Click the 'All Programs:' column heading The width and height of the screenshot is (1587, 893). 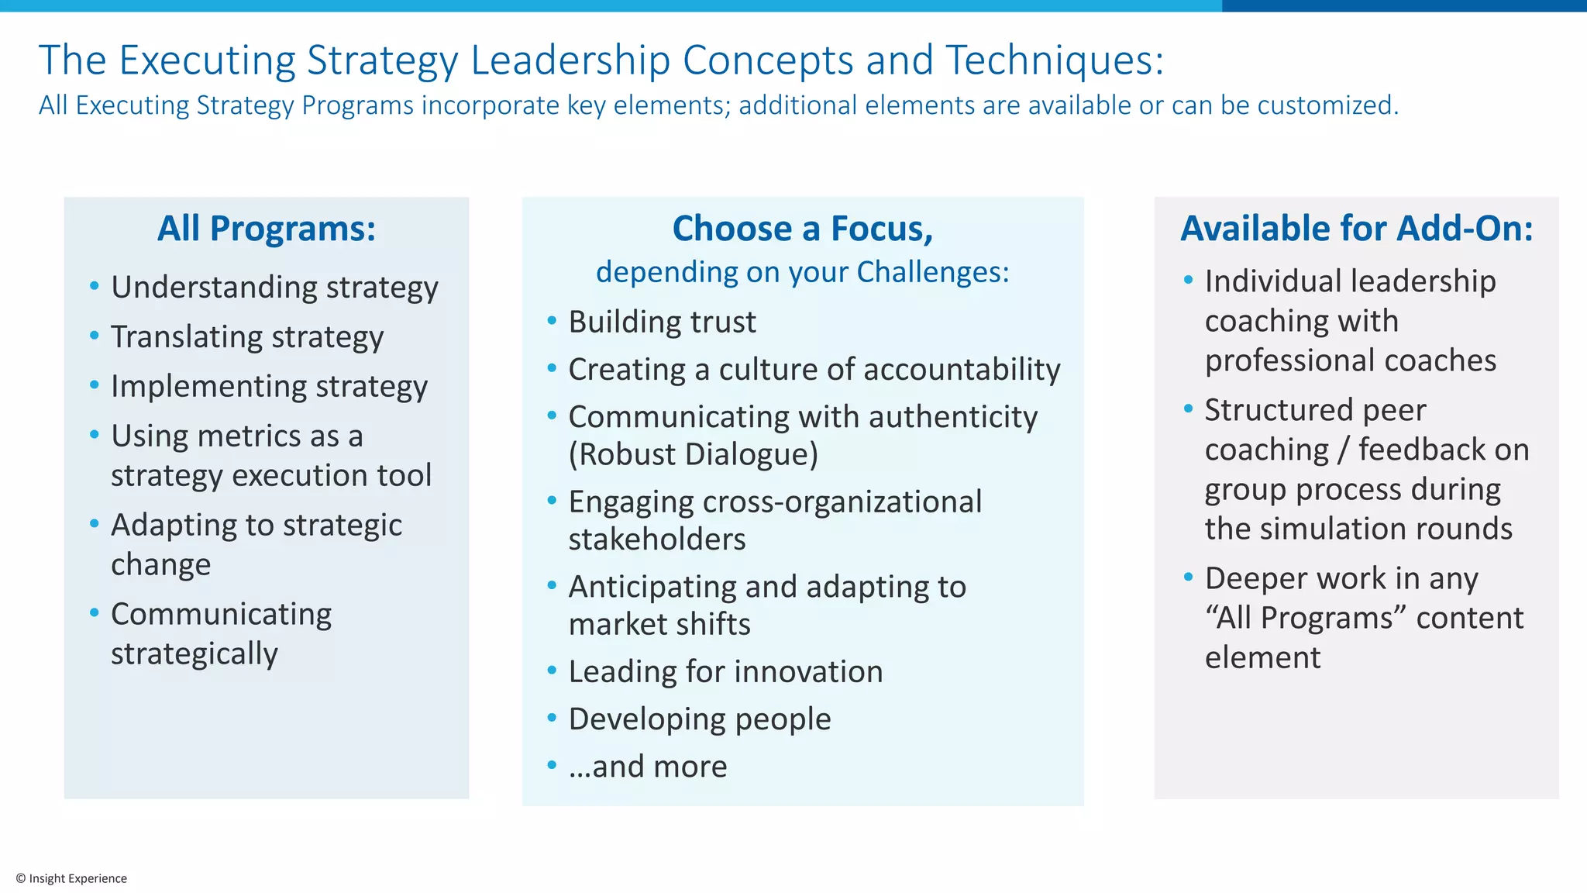(x=267, y=229)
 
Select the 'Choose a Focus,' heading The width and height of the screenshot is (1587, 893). (x=803, y=229)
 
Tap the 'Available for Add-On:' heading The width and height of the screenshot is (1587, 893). (x=1356, y=229)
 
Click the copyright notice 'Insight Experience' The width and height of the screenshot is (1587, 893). (x=71, y=878)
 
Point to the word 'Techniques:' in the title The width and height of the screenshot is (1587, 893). (x=1055, y=60)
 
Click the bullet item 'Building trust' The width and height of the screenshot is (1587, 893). (x=662, y=322)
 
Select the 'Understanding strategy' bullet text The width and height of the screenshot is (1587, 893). (x=274, y=288)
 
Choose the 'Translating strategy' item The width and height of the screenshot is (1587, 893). (x=247, y=337)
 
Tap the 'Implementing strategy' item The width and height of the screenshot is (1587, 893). (x=269, y=387)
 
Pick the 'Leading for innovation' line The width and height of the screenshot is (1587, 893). (x=725, y=672)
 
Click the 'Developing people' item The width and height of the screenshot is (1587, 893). (x=700, y=719)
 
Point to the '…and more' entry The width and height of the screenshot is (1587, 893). (x=648, y=767)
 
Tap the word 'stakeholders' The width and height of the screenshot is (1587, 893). (x=657, y=540)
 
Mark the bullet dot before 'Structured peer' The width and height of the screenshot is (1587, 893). (x=1188, y=409)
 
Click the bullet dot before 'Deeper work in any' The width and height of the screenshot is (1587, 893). (x=1188, y=578)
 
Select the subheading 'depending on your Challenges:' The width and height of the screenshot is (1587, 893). (x=803, y=273)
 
